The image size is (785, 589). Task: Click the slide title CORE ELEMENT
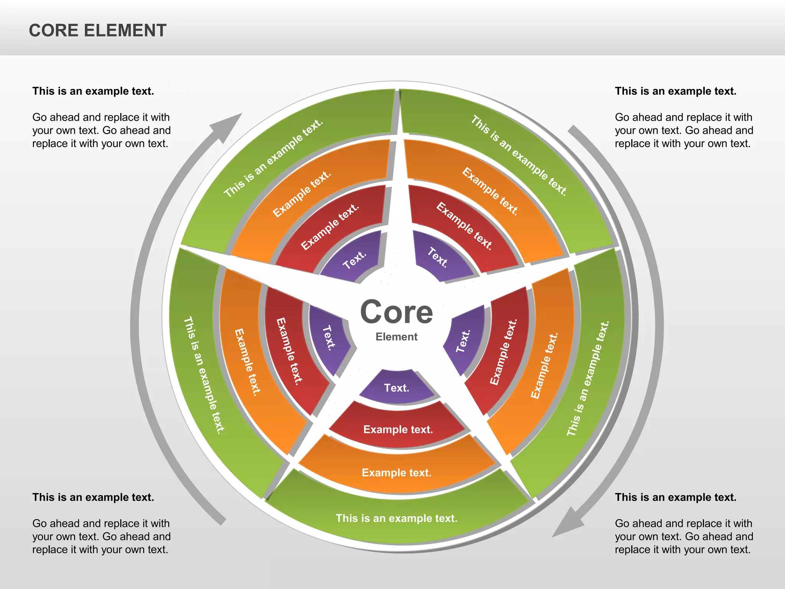97,31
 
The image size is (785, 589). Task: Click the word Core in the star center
396,313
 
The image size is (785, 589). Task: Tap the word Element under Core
396,337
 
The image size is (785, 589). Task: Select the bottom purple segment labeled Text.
397,388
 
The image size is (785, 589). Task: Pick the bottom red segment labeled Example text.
398,429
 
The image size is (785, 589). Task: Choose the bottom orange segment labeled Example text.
397,472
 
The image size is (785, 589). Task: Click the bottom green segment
397,518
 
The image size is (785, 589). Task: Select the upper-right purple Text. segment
438,257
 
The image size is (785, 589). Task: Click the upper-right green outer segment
518,155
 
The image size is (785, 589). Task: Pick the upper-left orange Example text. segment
301,194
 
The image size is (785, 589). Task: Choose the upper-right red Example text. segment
464,226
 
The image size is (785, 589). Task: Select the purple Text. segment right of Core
463,341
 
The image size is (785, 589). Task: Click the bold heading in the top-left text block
93,91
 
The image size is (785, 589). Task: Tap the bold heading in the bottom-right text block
676,497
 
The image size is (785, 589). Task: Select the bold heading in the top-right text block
676,91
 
